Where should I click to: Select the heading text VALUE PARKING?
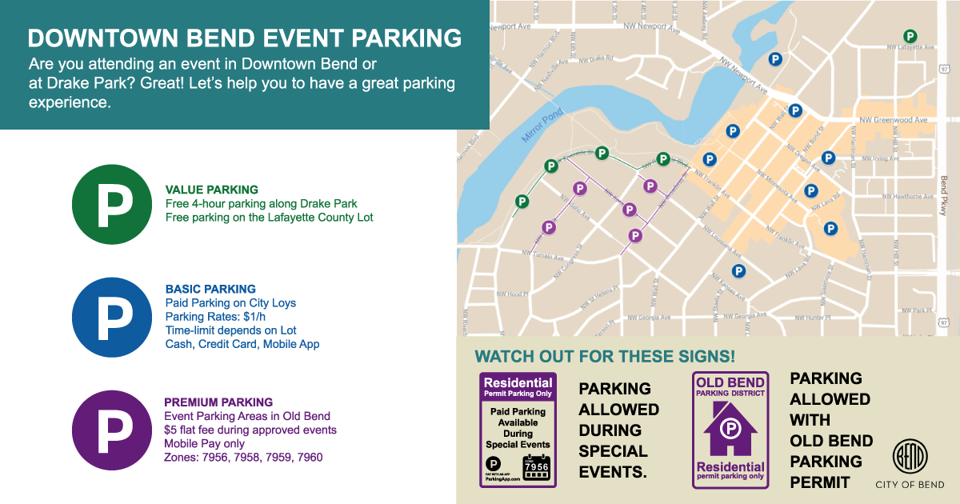[211, 190]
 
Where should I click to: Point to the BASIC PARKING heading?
[210, 289]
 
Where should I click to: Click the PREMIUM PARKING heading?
[218, 402]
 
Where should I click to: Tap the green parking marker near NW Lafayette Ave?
[910, 35]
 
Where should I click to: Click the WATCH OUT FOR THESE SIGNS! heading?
[605, 355]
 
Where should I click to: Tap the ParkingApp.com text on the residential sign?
[502, 479]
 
